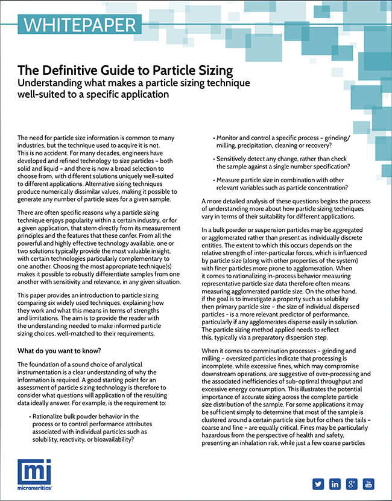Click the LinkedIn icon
point(335,483)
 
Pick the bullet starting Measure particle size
point(280,184)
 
